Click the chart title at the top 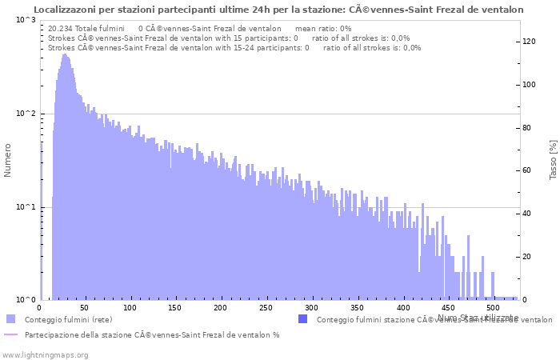[279, 10]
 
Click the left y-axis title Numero [8, 160]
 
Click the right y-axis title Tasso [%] [553, 159]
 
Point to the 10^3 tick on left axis [26, 20]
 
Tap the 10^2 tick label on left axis [26, 114]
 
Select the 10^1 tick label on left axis [26, 207]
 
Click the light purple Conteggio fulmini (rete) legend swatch [10, 319]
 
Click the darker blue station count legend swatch [302, 319]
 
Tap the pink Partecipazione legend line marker [10, 334]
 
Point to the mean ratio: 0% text [323, 28]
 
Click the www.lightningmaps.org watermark [45, 354]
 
